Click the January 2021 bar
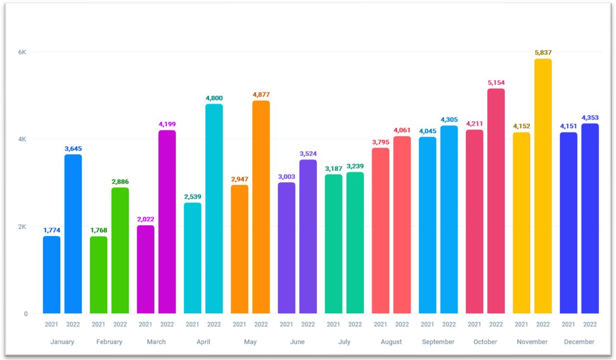coord(51,274)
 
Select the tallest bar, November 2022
coord(543,186)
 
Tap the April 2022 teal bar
coord(214,208)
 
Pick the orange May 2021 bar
coord(239,249)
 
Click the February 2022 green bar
coord(120,250)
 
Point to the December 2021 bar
coord(568,223)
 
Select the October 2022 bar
coord(496,201)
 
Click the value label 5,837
coord(543,52)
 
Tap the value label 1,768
coord(99,230)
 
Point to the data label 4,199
coord(167,124)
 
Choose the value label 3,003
coord(286,177)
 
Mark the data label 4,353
coord(590,118)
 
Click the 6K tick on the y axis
coord(22,52)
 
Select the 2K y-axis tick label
coord(22,227)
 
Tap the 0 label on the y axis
coord(26,314)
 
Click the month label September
coord(438,342)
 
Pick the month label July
coord(344,342)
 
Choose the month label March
coord(156,342)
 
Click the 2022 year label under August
coord(402,324)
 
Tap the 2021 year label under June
coord(286,324)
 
